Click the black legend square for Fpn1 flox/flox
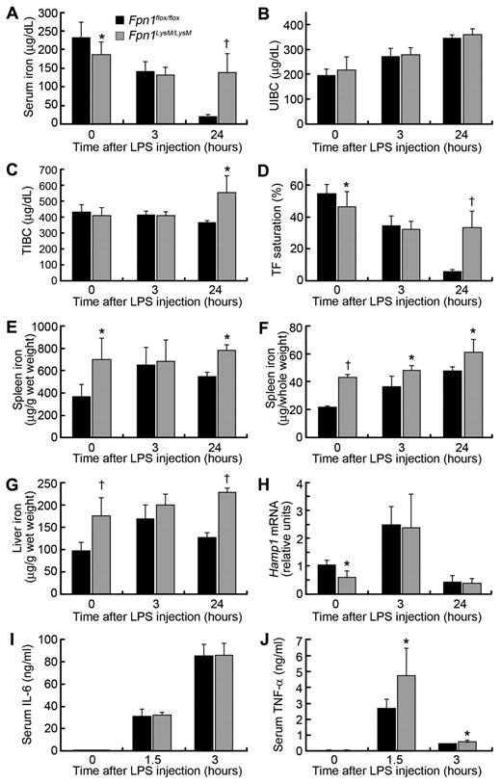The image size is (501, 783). coord(119,18)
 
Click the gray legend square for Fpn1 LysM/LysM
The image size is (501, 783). coord(119,34)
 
